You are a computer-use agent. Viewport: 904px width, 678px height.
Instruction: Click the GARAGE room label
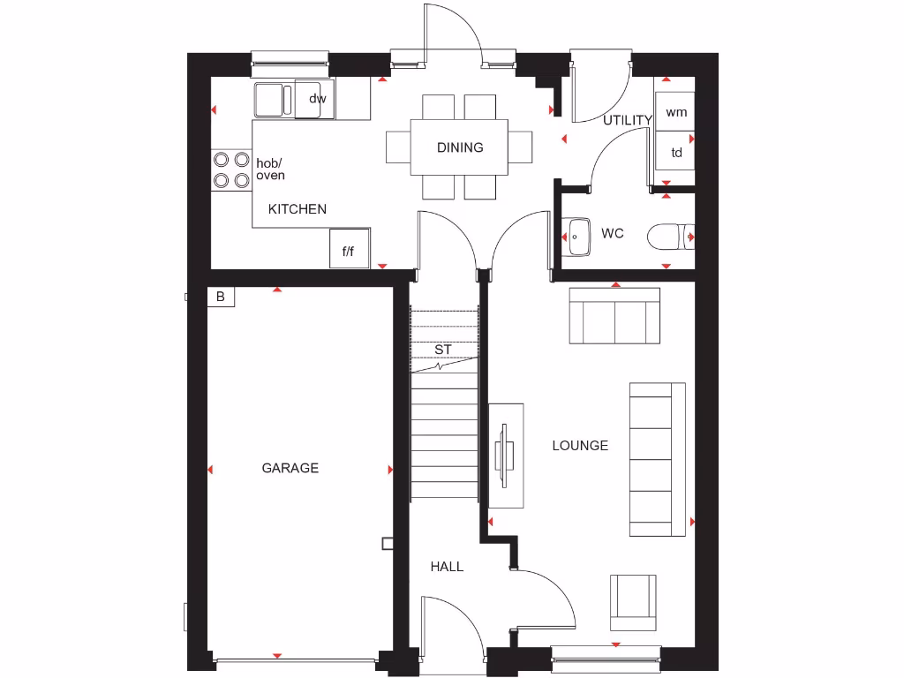290,468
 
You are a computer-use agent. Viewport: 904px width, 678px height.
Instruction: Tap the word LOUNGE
580,446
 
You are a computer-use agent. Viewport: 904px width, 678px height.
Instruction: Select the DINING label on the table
460,147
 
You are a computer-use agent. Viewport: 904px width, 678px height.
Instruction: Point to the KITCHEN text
298,209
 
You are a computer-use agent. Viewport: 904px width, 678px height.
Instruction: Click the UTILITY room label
628,120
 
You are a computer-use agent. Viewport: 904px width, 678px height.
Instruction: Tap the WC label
613,234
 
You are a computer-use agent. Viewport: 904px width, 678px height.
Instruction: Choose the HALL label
447,567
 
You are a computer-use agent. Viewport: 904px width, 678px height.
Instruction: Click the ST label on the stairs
443,350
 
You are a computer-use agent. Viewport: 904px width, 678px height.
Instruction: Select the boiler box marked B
221,298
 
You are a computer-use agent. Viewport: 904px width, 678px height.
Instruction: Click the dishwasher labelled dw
317,99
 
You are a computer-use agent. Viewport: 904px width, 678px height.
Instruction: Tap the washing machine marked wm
676,112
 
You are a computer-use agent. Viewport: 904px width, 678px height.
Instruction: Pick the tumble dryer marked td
676,153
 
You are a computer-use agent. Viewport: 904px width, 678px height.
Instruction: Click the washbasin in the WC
577,236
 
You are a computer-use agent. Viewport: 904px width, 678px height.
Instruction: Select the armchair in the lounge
633,602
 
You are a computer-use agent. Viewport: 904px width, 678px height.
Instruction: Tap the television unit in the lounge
506,456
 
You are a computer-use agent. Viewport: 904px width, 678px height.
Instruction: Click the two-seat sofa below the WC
614,316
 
